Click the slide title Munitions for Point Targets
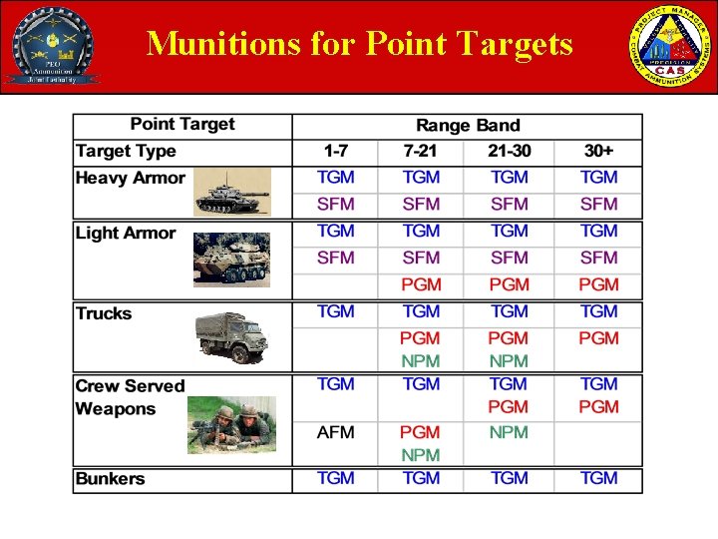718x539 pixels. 359,44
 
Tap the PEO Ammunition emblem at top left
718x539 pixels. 52,46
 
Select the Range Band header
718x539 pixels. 468,126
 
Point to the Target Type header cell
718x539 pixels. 126,152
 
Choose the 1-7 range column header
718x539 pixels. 335,152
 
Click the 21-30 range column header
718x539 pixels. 509,152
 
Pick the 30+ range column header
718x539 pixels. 598,152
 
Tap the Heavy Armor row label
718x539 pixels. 131,179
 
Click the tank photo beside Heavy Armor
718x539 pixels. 232,192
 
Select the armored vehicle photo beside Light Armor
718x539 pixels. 231,260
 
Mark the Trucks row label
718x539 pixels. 104,313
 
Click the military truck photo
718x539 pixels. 231,337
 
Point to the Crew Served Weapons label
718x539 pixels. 130,397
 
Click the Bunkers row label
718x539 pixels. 110,479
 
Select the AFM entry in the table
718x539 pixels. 335,433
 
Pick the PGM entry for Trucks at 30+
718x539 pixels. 598,338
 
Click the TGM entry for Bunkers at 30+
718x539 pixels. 598,479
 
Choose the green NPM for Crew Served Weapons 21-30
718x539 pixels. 509,433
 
